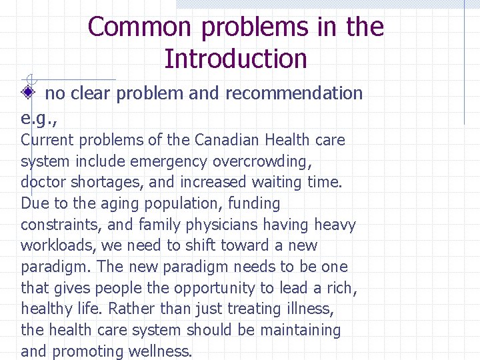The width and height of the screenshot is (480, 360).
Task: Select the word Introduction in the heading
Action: (235, 59)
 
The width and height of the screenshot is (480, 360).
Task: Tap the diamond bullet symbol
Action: (28, 93)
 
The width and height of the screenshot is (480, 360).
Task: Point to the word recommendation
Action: (294, 93)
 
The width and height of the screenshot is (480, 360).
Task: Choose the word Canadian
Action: (227, 140)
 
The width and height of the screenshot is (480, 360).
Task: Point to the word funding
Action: (252, 203)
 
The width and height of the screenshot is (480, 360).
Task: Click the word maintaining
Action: (299, 330)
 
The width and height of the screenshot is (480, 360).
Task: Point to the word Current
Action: (44, 140)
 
